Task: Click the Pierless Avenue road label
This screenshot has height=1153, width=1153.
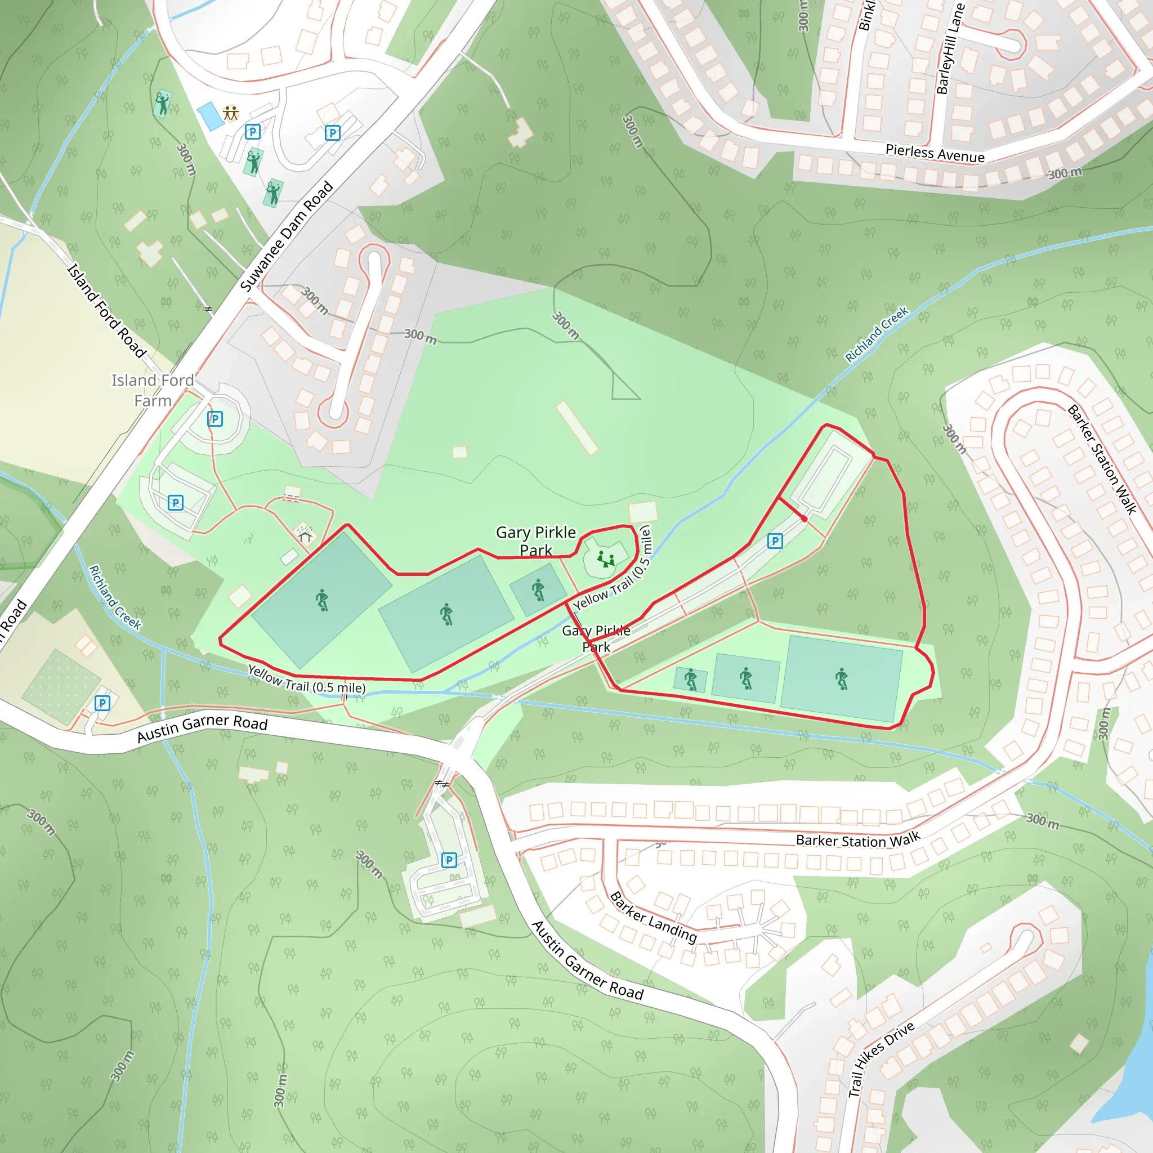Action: (x=935, y=153)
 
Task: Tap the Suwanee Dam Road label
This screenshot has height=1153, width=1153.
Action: (x=287, y=236)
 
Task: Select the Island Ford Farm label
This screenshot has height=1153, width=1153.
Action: (x=153, y=390)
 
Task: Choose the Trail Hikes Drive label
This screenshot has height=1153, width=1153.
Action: (x=881, y=1060)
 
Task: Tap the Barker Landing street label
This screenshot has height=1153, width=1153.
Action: (x=653, y=917)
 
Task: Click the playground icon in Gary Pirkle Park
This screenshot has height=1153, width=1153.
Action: (x=606, y=559)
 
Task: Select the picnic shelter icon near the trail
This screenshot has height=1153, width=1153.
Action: (x=305, y=534)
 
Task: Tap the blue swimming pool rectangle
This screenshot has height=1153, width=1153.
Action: (x=211, y=116)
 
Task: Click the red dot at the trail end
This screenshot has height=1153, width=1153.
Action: (x=805, y=519)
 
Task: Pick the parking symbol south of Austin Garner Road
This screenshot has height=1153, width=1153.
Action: (x=449, y=860)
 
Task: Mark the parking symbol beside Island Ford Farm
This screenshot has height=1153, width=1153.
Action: (x=215, y=419)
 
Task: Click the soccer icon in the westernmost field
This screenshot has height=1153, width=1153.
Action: (x=322, y=600)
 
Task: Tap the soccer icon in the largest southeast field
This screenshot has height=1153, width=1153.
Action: (x=842, y=679)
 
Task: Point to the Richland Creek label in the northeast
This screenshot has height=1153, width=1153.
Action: (x=876, y=334)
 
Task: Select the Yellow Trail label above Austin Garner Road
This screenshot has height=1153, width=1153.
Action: (x=306, y=679)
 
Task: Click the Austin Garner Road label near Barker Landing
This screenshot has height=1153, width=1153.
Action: (x=587, y=961)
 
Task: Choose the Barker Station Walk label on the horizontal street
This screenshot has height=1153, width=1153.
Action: (x=857, y=839)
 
